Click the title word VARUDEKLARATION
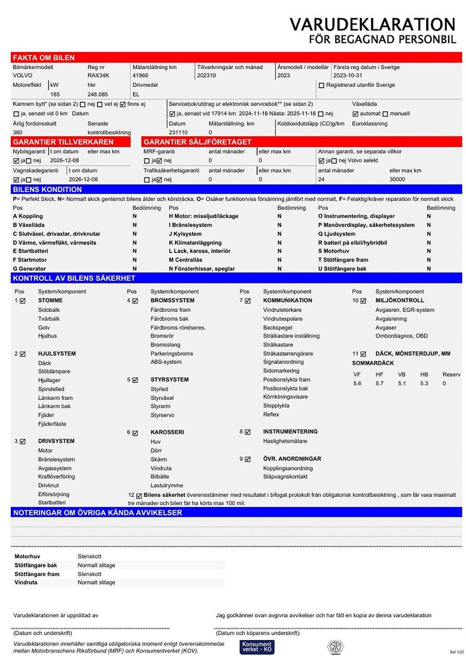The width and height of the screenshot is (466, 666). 372,25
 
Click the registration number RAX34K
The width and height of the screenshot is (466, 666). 98,76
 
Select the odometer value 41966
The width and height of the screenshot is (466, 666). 140,76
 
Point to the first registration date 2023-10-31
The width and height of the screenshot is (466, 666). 348,76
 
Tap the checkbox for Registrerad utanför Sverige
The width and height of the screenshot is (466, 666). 322,86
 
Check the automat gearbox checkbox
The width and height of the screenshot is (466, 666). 355,114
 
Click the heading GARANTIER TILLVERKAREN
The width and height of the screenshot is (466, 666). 63,142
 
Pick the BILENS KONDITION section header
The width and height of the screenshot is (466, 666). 47,190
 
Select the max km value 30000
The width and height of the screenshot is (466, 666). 397,180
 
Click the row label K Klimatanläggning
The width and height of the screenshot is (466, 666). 195,243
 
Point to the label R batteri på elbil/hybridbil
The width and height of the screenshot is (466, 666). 353,243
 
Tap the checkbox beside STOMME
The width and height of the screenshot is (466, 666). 23,301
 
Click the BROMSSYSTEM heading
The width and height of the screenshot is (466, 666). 172,301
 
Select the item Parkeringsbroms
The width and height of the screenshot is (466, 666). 172,353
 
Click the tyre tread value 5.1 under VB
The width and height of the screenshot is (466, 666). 402,383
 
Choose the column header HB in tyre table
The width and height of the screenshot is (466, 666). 424,374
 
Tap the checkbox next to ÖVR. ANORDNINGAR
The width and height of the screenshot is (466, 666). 248,459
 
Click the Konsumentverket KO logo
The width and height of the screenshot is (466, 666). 257,647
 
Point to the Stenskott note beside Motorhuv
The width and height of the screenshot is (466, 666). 90,556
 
